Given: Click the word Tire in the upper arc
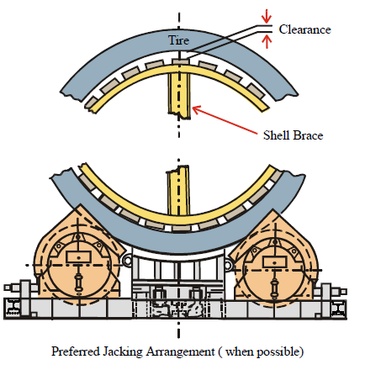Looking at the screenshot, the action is click(x=178, y=40).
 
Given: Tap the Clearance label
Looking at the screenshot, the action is click(x=305, y=29).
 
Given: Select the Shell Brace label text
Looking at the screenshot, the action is click(x=294, y=135).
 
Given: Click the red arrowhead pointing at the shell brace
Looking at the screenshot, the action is click(x=197, y=109).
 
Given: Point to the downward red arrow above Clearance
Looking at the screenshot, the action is click(x=267, y=16).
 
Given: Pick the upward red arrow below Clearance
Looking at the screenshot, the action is click(x=267, y=42).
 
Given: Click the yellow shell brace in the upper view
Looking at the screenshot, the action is click(x=179, y=94).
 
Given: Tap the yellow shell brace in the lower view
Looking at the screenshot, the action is click(x=178, y=191).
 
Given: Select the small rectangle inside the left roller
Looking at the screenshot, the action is click(x=78, y=257).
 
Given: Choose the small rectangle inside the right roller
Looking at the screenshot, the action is click(x=275, y=262).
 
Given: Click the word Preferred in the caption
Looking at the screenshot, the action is click(x=76, y=351).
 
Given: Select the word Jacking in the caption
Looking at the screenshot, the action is click(x=123, y=352).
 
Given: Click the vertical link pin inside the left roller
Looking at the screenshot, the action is click(x=79, y=282).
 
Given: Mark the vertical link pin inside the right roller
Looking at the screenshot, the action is click(x=275, y=285).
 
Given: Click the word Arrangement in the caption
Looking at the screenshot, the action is click(x=180, y=352).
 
